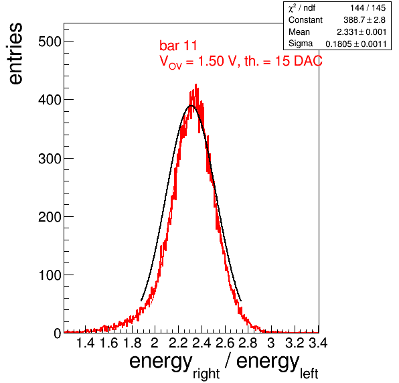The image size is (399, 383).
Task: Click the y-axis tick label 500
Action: pos(50,42)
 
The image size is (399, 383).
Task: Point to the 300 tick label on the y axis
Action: pos(50,158)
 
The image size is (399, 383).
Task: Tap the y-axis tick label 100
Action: pos(50,275)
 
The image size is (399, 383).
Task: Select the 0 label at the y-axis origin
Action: pos(58,333)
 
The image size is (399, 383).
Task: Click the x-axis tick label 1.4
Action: pos(85,343)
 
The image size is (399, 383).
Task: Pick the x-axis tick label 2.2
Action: pos(178,343)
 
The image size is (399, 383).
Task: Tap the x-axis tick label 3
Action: pos(271,343)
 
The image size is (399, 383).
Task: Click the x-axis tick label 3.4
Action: pos(318,343)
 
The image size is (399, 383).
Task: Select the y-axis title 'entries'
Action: pos(16,54)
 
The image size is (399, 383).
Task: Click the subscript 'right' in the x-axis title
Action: pos(206,374)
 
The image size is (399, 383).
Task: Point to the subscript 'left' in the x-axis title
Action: pos(309,374)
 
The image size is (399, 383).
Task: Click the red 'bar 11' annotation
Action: pos(178,46)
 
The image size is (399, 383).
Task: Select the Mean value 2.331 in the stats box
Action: pos(347,32)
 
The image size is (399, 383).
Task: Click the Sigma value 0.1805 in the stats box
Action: pos(339,44)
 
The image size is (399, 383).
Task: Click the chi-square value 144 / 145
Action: pos(368,8)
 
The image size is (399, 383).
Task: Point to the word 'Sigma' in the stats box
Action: pos(301,44)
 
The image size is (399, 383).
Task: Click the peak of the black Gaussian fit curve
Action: pos(191,105)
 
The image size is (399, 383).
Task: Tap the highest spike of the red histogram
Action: pos(195,85)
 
